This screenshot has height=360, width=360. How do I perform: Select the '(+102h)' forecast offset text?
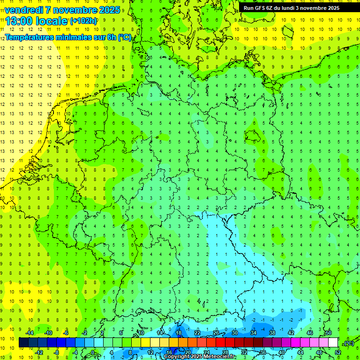tap(83, 21)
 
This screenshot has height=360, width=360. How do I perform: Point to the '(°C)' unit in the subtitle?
tap(124, 37)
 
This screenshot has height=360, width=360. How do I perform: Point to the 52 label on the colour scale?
tap(338, 352)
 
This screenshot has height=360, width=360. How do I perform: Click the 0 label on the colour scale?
tap(93, 352)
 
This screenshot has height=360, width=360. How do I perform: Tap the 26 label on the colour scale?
tap(216, 333)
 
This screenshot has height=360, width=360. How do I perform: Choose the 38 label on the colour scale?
tap(272, 333)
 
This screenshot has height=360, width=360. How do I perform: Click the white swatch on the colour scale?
tap(333, 343)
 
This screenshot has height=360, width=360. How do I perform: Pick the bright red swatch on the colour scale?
tap(221, 343)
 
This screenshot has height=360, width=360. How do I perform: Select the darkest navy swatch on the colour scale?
tap(24, 343)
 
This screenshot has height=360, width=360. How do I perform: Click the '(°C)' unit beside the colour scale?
tap(348, 343)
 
